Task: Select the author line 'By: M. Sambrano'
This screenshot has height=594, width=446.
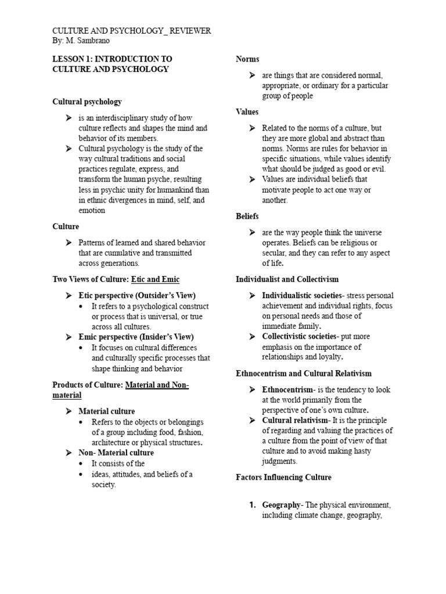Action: (x=81, y=41)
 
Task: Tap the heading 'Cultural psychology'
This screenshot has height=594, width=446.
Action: (x=87, y=102)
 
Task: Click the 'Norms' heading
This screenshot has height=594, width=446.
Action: (x=247, y=59)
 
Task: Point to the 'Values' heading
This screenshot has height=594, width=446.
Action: (x=247, y=111)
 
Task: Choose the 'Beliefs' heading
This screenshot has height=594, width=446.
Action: (x=247, y=216)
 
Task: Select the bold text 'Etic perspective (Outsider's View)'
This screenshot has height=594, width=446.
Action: (x=137, y=295)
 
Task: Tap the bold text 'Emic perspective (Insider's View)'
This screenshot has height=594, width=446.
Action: (x=136, y=336)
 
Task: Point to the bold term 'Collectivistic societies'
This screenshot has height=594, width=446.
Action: (x=298, y=336)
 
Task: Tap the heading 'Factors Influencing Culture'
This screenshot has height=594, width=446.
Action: (x=283, y=477)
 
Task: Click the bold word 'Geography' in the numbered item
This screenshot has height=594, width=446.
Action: (x=280, y=505)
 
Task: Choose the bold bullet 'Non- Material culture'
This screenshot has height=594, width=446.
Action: (x=116, y=452)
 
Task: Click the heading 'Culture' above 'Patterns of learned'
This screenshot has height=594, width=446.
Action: (x=66, y=226)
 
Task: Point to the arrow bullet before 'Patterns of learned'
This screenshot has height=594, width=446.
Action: (x=70, y=242)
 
